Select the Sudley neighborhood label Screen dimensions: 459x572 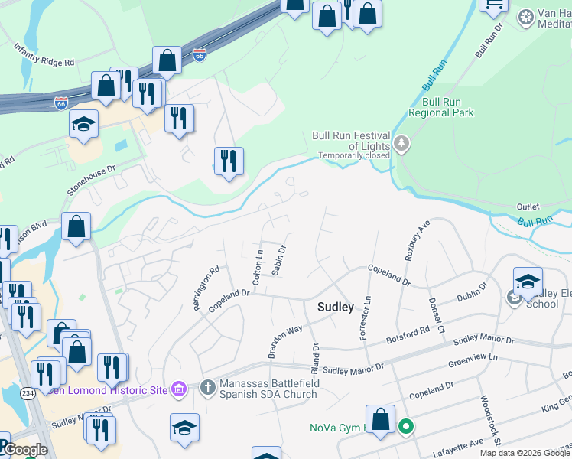click(336, 307)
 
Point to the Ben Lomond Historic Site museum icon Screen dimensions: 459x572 click(178, 390)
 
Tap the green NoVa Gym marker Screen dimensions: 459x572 click(405, 427)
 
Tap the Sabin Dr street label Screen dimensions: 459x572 click(279, 260)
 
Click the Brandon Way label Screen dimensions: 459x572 click(284, 340)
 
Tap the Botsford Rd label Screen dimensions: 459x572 click(408, 334)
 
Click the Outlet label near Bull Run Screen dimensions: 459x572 click(528, 207)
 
